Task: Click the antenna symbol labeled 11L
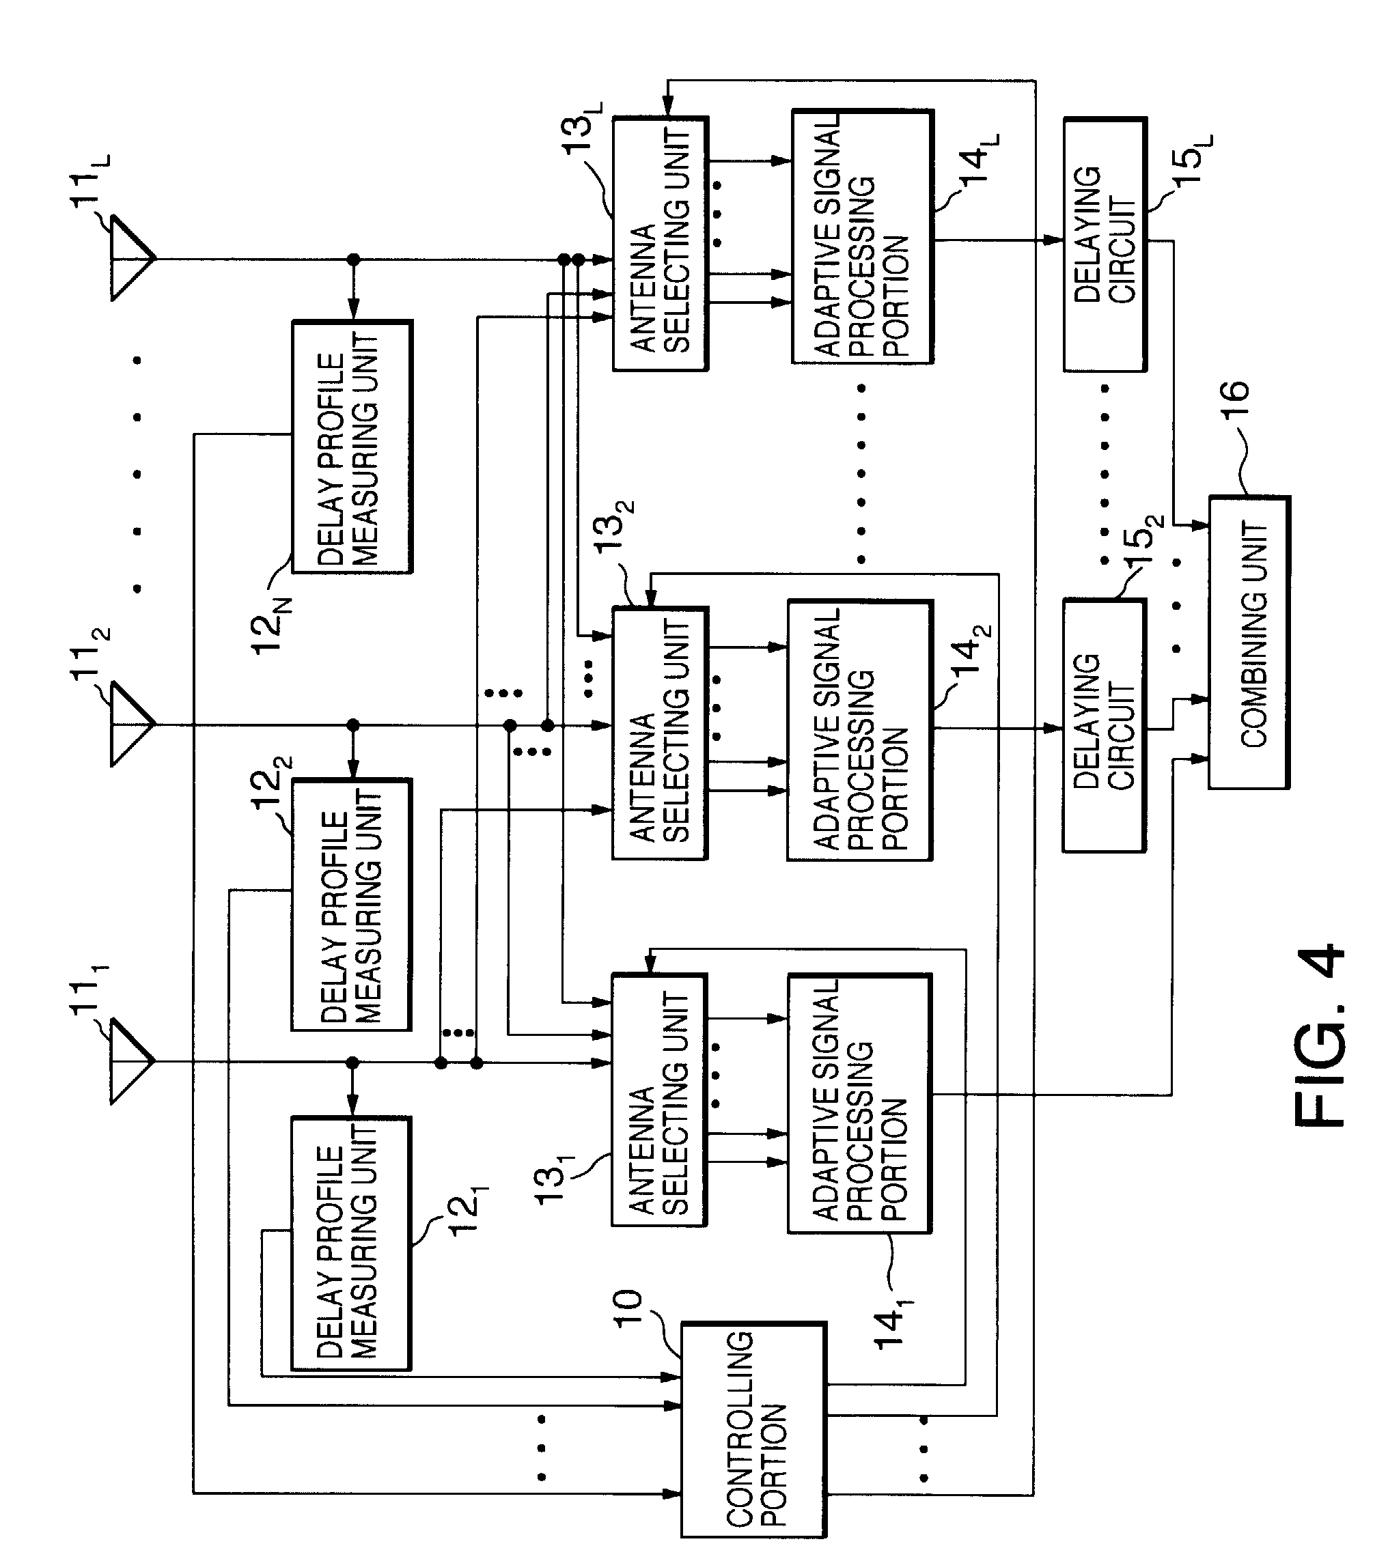coord(132,258)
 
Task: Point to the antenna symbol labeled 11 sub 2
coord(132,723)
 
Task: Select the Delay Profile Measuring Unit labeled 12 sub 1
coord(351,1243)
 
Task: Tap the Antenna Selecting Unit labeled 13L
coord(660,244)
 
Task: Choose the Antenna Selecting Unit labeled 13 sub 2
coord(660,734)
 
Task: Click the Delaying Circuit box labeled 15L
coord(1105,244)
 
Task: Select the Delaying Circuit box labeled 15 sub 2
coord(1104,725)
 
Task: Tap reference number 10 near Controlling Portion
coord(628,1309)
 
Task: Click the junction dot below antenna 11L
coord(353,259)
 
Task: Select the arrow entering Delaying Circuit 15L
coord(1054,240)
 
